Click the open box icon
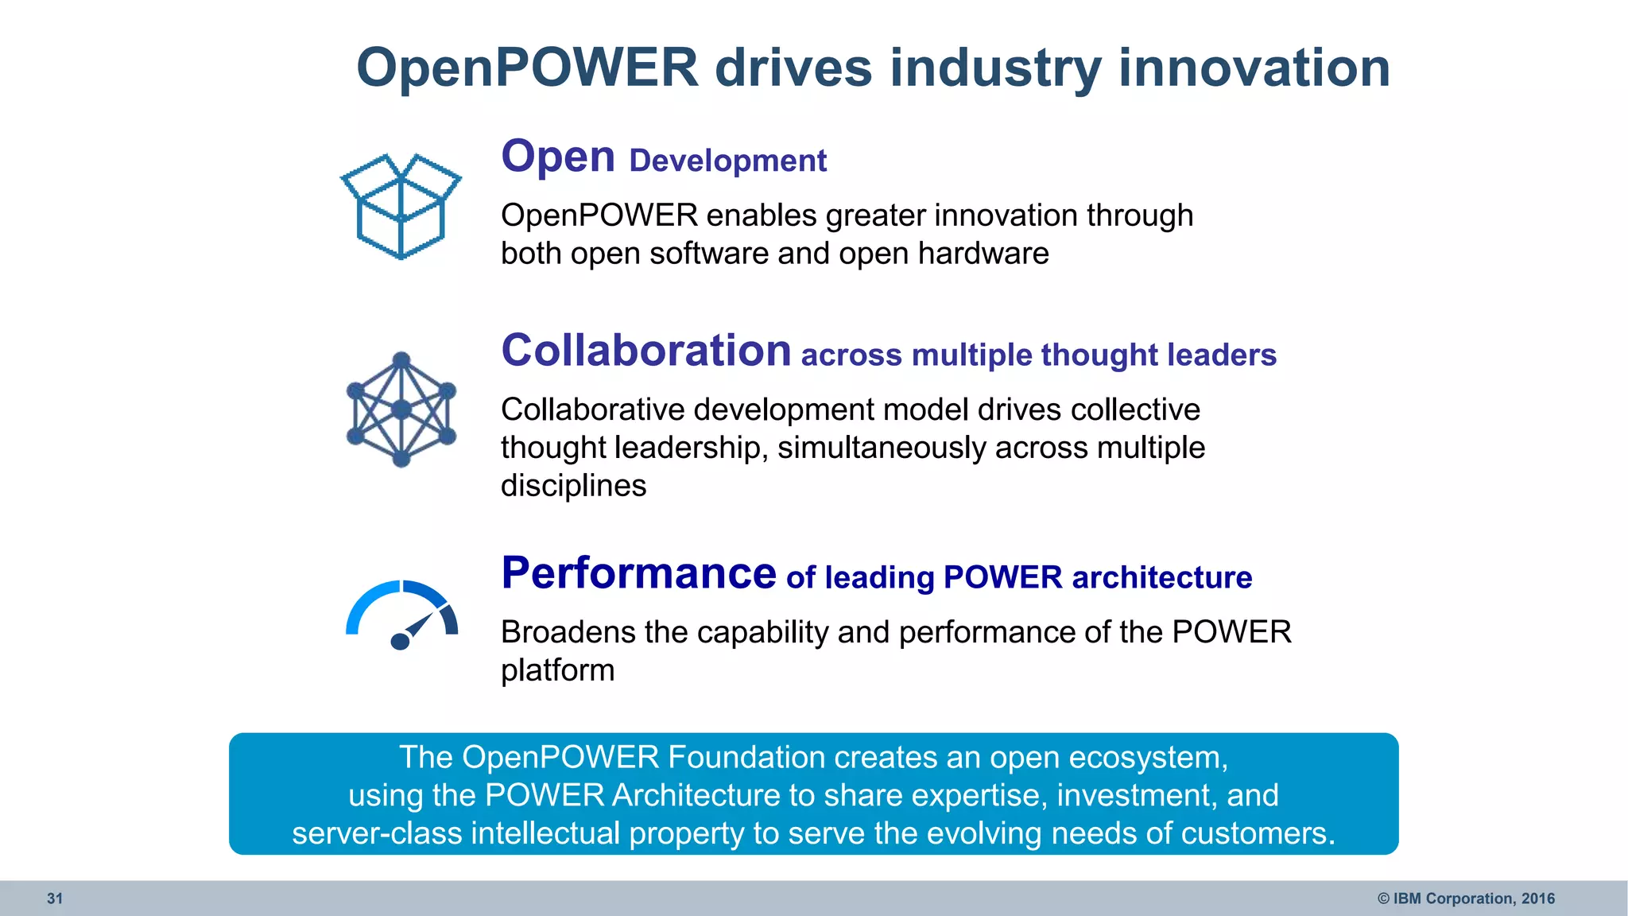[401, 207]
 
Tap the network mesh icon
[401, 409]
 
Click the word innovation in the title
[1254, 68]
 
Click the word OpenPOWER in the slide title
[527, 68]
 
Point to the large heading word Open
[558, 157]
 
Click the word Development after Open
[727, 161]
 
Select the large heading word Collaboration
[645, 351]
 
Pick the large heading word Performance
[638, 573]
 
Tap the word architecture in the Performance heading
[1161, 577]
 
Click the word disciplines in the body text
[573, 486]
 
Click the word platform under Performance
[557, 670]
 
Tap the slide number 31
[55, 899]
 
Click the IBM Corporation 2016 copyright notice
[1466, 899]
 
